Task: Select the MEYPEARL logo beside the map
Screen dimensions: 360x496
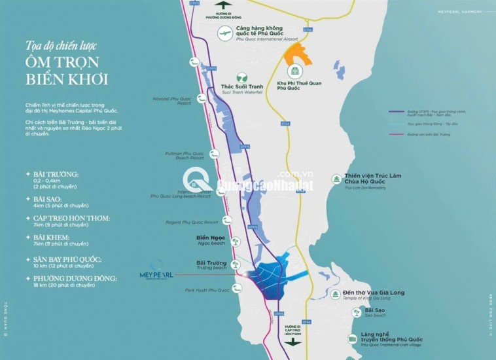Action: [x=156, y=276]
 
